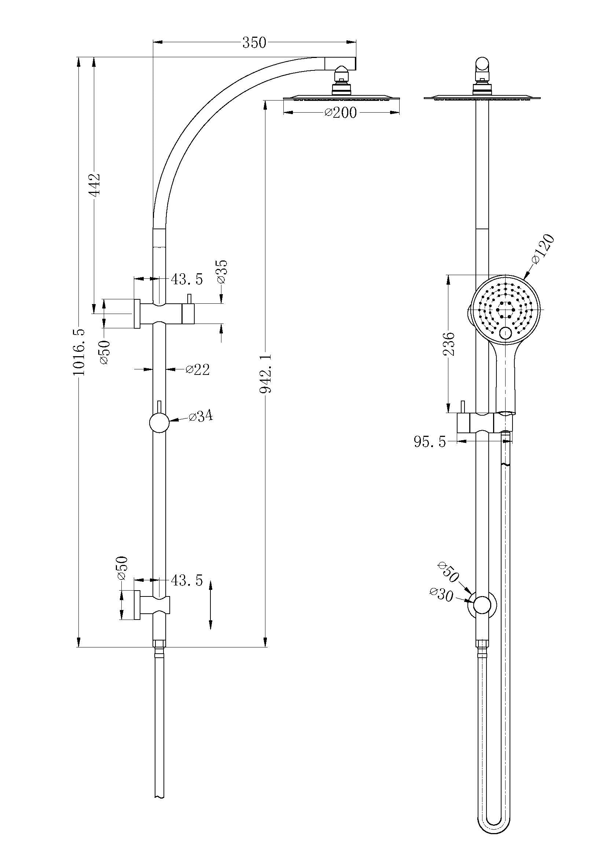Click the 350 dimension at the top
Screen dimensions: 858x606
[254, 43]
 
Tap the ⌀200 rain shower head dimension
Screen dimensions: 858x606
[340, 112]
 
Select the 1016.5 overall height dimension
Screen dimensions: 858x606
[79, 352]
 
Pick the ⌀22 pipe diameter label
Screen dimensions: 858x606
[198, 370]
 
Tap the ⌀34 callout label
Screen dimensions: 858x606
[201, 416]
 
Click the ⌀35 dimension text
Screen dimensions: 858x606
[222, 272]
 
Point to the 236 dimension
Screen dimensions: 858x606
[449, 343]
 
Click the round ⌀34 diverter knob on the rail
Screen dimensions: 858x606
[159, 423]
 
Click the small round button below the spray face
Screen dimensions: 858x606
[506, 333]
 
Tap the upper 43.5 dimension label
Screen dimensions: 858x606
[187, 279]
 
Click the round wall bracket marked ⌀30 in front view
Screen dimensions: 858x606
[482, 604]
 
